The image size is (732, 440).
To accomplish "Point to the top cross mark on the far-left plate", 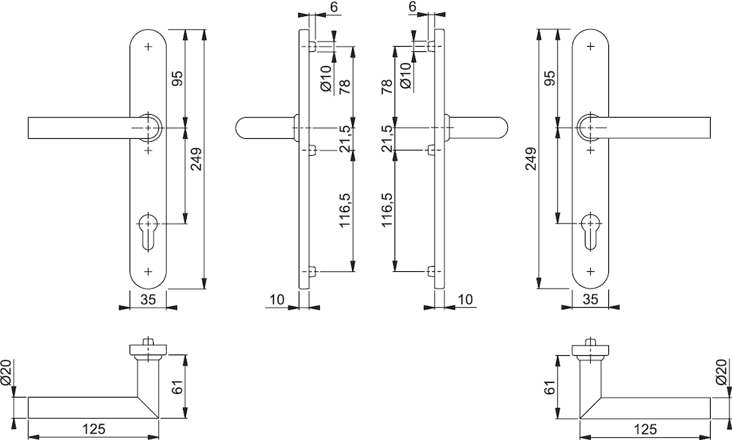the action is [149, 47].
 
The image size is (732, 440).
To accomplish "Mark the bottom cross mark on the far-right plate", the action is [590, 271].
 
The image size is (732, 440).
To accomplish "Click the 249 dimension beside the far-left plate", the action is [196, 159].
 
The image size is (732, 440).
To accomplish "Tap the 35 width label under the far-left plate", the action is [148, 300].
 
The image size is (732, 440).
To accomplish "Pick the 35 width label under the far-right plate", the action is [591, 300].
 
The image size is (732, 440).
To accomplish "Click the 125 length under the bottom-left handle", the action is [94, 429].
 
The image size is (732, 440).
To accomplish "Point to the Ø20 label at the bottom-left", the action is [8, 372].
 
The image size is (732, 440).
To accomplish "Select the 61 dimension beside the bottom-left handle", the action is [177, 387].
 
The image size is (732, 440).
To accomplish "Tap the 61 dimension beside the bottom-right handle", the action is [551, 387].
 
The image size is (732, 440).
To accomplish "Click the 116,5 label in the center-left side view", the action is [346, 210].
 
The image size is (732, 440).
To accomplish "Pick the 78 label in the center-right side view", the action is [387, 87].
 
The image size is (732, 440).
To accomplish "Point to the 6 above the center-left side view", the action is [334, 7].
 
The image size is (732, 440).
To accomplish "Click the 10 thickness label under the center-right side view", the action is [466, 300].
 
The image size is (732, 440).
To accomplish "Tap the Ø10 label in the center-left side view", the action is [326, 77].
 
